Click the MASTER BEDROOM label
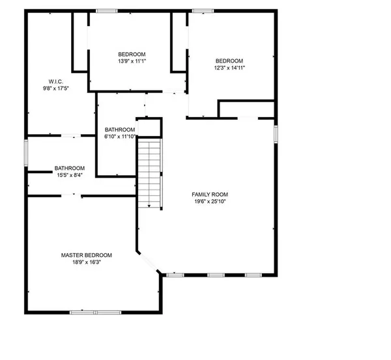(86, 255)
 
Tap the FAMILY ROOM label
(210, 195)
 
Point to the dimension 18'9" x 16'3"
(86, 262)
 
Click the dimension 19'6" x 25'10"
(210, 202)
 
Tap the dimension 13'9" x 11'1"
(132, 61)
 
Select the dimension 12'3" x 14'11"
(229, 67)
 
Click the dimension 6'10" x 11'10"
(120, 137)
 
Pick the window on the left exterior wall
(26, 155)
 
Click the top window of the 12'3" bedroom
(202, 10)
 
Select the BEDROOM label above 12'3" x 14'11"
(229, 60)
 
